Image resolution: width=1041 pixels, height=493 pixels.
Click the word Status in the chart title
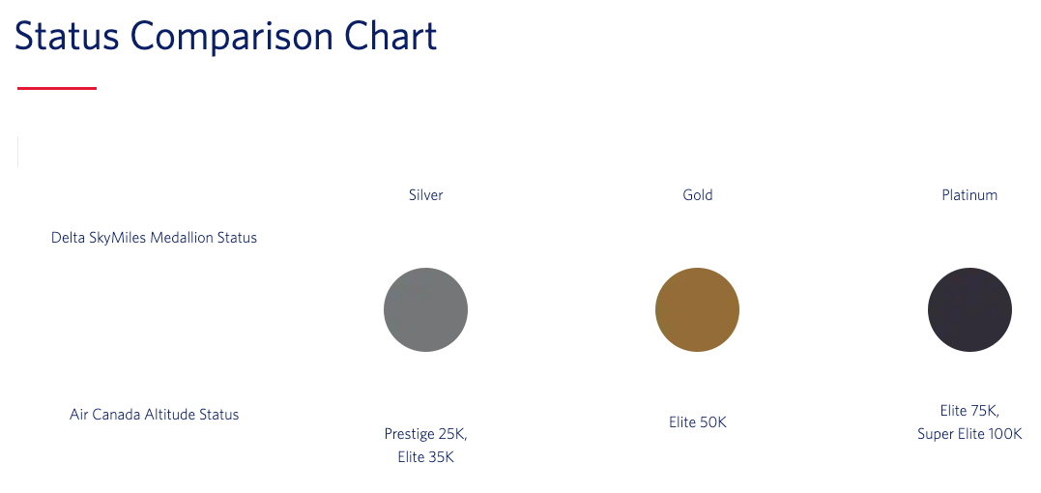click(x=67, y=36)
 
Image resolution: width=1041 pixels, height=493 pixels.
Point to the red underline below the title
click(x=57, y=88)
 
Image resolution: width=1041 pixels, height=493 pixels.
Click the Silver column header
click(x=425, y=195)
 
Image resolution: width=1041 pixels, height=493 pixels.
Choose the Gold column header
click(x=698, y=195)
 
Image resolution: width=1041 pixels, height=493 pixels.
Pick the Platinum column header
click(x=969, y=195)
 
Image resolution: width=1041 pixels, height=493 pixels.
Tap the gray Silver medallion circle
click(x=425, y=310)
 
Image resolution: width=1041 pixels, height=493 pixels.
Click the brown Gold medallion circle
click(x=697, y=310)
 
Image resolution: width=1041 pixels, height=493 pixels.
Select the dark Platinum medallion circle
click(x=969, y=310)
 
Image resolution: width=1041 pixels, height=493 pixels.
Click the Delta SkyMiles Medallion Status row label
click(x=154, y=238)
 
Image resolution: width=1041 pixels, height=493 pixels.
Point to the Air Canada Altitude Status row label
click(x=154, y=415)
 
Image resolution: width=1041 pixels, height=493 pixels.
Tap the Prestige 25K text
click(x=425, y=434)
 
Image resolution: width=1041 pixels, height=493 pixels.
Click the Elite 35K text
click(x=425, y=457)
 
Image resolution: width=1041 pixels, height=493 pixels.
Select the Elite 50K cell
click(x=698, y=422)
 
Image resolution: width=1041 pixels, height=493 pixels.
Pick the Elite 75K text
click(x=969, y=411)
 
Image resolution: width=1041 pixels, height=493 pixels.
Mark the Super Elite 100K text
click(x=969, y=435)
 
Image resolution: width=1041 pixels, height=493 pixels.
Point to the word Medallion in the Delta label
click(x=182, y=238)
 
